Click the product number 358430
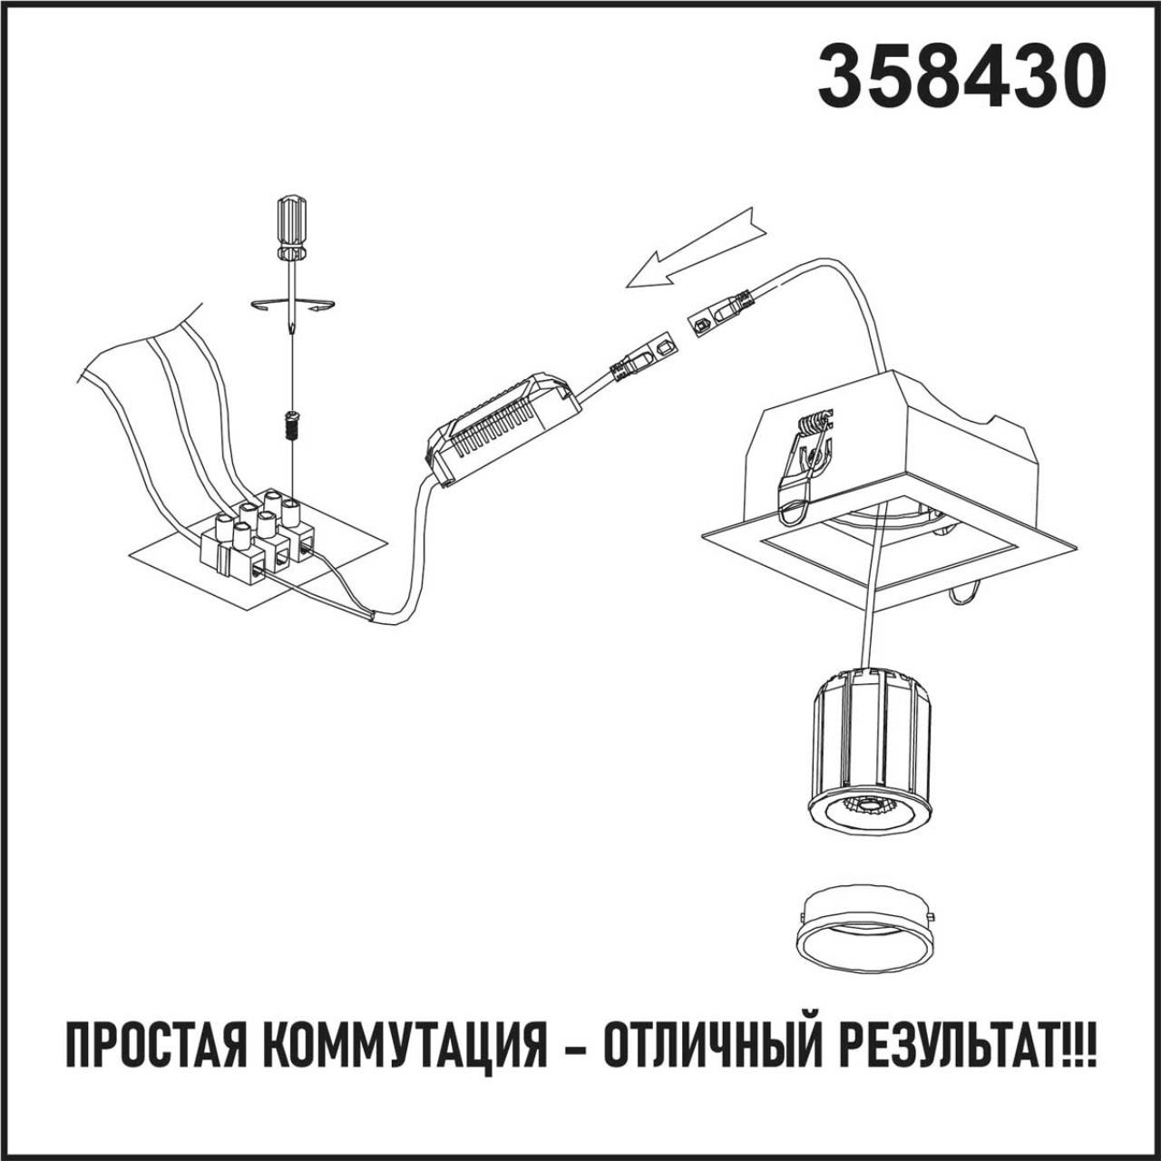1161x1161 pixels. tap(961, 76)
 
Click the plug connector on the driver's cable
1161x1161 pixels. tap(640, 358)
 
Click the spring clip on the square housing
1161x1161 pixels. tap(813, 463)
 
